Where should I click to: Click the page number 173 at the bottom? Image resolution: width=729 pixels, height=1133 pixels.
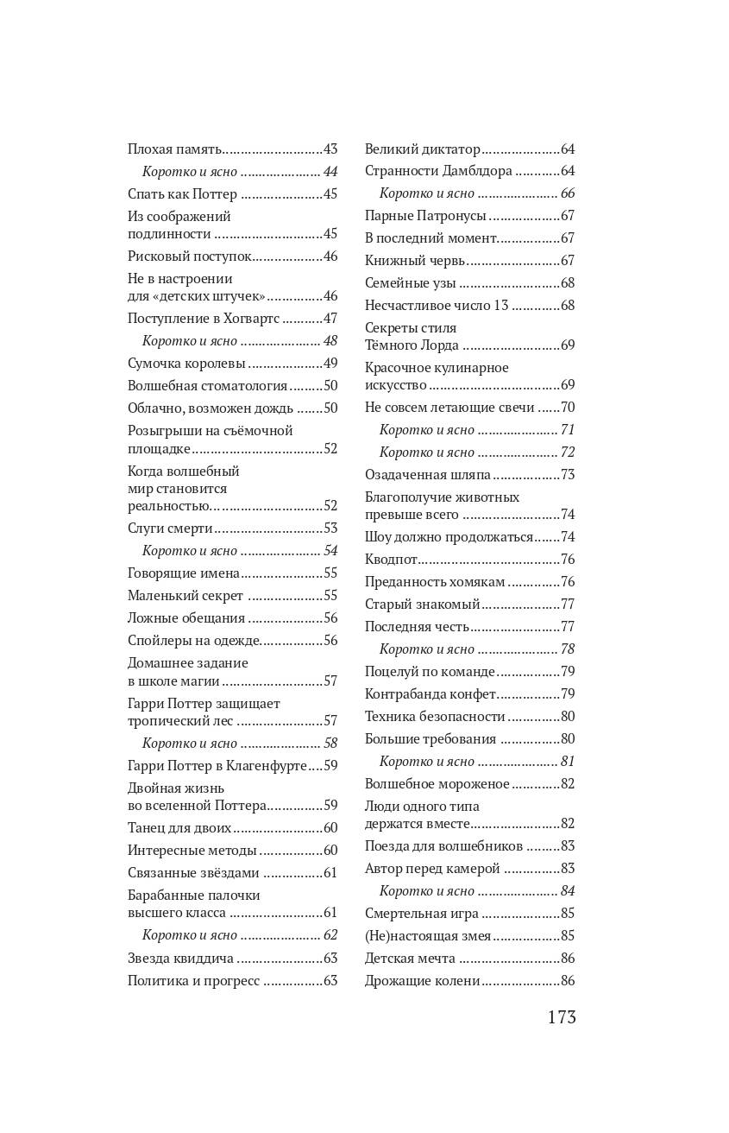click(x=561, y=1017)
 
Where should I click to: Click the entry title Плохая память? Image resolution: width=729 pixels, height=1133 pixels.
click(x=175, y=149)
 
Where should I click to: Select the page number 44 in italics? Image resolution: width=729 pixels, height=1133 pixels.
click(x=330, y=172)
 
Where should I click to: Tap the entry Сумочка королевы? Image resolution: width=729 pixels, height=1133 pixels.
click(x=186, y=364)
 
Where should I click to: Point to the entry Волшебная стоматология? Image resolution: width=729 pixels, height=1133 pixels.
click(x=207, y=386)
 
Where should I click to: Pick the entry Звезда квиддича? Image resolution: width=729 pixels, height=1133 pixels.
click(x=180, y=959)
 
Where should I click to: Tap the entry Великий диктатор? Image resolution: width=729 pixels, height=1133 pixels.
click(x=422, y=149)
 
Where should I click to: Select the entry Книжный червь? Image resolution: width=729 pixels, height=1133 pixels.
click(x=415, y=261)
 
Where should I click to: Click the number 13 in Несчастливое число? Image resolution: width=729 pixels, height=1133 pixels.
click(x=501, y=306)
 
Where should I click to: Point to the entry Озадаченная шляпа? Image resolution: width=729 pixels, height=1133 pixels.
click(x=427, y=475)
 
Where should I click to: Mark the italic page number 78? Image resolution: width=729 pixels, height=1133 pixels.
click(x=567, y=649)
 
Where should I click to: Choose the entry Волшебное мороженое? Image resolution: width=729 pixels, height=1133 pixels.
click(x=437, y=784)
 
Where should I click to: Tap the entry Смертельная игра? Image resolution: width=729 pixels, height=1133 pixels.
click(x=421, y=914)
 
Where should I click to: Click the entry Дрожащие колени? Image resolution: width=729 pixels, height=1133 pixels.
click(x=422, y=981)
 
